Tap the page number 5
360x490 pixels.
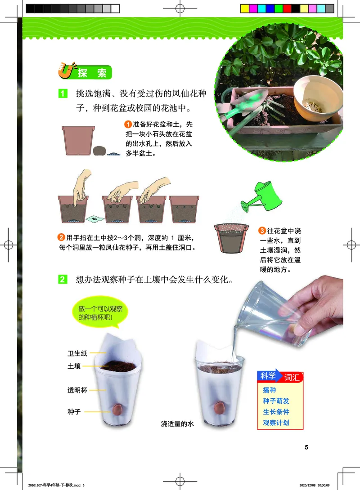(x=306, y=447)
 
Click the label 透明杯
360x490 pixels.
(x=77, y=391)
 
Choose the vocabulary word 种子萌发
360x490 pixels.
(x=276, y=401)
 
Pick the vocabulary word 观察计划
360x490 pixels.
(x=276, y=423)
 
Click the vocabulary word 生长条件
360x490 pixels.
(x=276, y=412)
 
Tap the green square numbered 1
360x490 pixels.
(x=63, y=94)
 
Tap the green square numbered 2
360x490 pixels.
(x=63, y=280)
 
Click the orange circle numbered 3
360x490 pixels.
(x=262, y=231)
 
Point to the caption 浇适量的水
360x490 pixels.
(x=177, y=423)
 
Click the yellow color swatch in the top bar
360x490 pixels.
(x=244, y=8)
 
